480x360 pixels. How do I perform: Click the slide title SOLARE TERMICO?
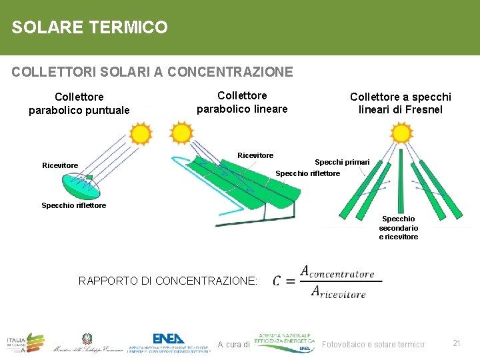tap(89, 27)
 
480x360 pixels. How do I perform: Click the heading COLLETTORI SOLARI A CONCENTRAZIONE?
tap(152, 71)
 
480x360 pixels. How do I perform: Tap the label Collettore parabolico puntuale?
tap(79, 104)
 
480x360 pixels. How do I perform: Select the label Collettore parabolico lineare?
tap(242, 102)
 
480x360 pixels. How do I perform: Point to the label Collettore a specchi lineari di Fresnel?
tap(400, 103)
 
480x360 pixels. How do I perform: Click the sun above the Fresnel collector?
tap(401, 133)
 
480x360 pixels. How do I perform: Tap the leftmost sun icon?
tap(140, 134)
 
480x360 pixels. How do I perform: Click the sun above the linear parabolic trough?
tap(181, 133)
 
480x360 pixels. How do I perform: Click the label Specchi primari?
tap(342, 162)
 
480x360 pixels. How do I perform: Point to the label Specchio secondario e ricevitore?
tap(399, 228)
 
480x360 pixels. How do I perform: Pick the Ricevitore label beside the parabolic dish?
tap(60, 165)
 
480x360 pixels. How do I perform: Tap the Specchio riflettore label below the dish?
tap(73, 205)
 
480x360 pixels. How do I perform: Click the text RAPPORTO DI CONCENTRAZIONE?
tap(168, 281)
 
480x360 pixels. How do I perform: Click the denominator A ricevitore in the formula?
tap(338, 293)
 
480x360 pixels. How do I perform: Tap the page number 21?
tap(457, 343)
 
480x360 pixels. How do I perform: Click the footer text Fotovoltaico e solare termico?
tap(373, 344)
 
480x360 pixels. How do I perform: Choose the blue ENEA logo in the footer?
tap(169, 339)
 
